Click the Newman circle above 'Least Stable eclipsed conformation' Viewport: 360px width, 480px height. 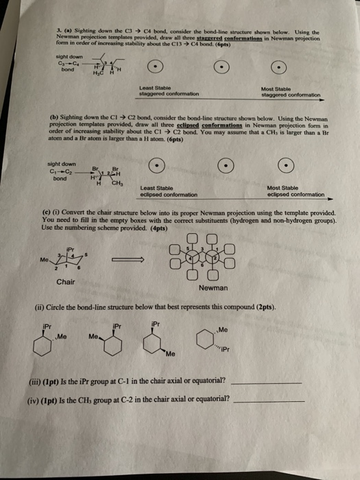coord(158,167)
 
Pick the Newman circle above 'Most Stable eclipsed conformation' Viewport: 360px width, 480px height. coord(282,167)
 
